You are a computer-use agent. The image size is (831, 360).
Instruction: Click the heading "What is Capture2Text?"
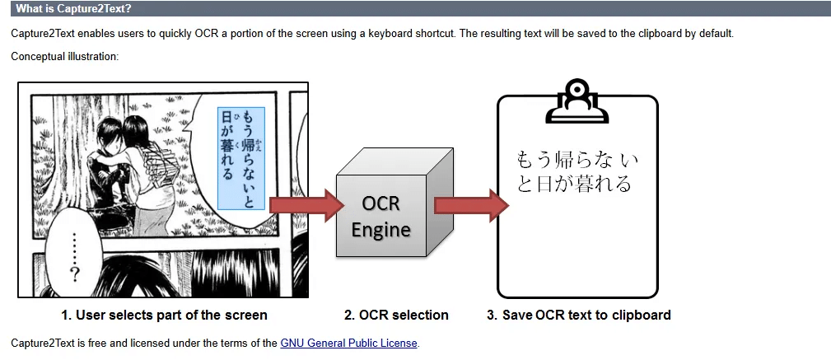[x=73, y=9]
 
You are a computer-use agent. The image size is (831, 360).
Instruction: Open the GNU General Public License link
[x=349, y=343]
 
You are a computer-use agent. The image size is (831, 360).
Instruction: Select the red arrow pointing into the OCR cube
[x=305, y=205]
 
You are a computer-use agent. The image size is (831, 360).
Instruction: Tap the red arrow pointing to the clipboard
[x=470, y=205]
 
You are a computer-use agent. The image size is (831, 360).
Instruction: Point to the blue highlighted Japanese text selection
[x=241, y=157]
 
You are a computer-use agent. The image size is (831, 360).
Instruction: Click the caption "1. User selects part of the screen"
[x=164, y=315]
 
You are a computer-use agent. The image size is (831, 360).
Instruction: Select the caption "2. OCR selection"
[x=396, y=315]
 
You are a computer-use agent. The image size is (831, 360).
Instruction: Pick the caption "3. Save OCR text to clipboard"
[x=578, y=315]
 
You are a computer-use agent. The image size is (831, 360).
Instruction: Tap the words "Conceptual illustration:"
[x=65, y=56]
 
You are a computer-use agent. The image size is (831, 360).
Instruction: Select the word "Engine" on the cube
[x=380, y=229]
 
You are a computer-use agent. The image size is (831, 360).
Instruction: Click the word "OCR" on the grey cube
[x=380, y=203]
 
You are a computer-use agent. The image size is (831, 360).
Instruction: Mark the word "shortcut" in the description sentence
[x=433, y=34]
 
